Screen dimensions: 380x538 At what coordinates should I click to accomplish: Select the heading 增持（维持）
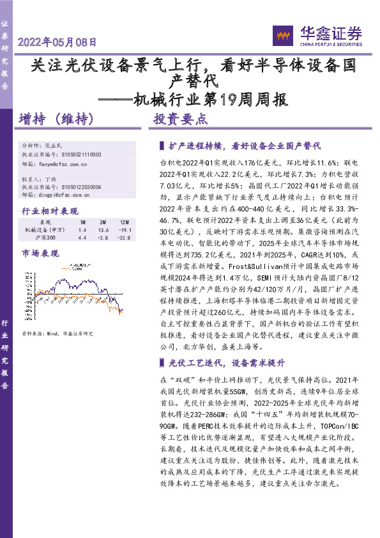pyautogui.click(x=57, y=119)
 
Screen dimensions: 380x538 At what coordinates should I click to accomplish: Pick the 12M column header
pyautogui.click(x=125, y=222)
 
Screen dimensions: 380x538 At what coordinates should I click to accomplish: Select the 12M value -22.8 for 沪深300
pyautogui.click(x=125, y=238)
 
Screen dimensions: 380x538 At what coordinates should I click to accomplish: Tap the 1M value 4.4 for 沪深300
pyautogui.click(x=82, y=238)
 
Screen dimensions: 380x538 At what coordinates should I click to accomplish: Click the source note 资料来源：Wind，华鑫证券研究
pyautogui.click(x=57, y=334)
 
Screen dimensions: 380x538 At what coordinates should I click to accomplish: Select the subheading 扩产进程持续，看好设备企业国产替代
pyautogui.click(x=243, y=146)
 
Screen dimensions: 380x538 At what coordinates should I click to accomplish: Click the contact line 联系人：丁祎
pyautogui.click(x=38, y=179)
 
